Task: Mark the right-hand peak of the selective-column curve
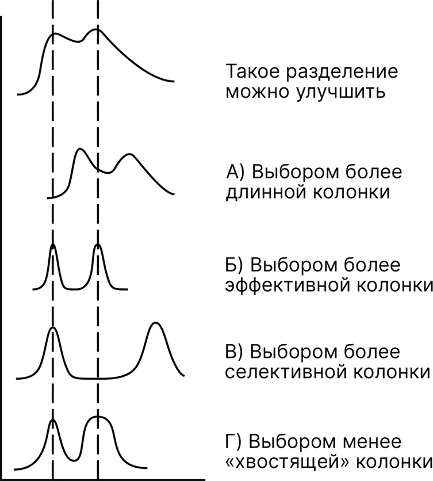156,325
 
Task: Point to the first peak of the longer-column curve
80,150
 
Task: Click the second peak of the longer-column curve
129,155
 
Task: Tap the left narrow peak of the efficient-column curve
53,246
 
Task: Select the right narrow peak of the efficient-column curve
98,246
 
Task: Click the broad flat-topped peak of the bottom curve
98,417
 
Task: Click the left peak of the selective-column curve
53,329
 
